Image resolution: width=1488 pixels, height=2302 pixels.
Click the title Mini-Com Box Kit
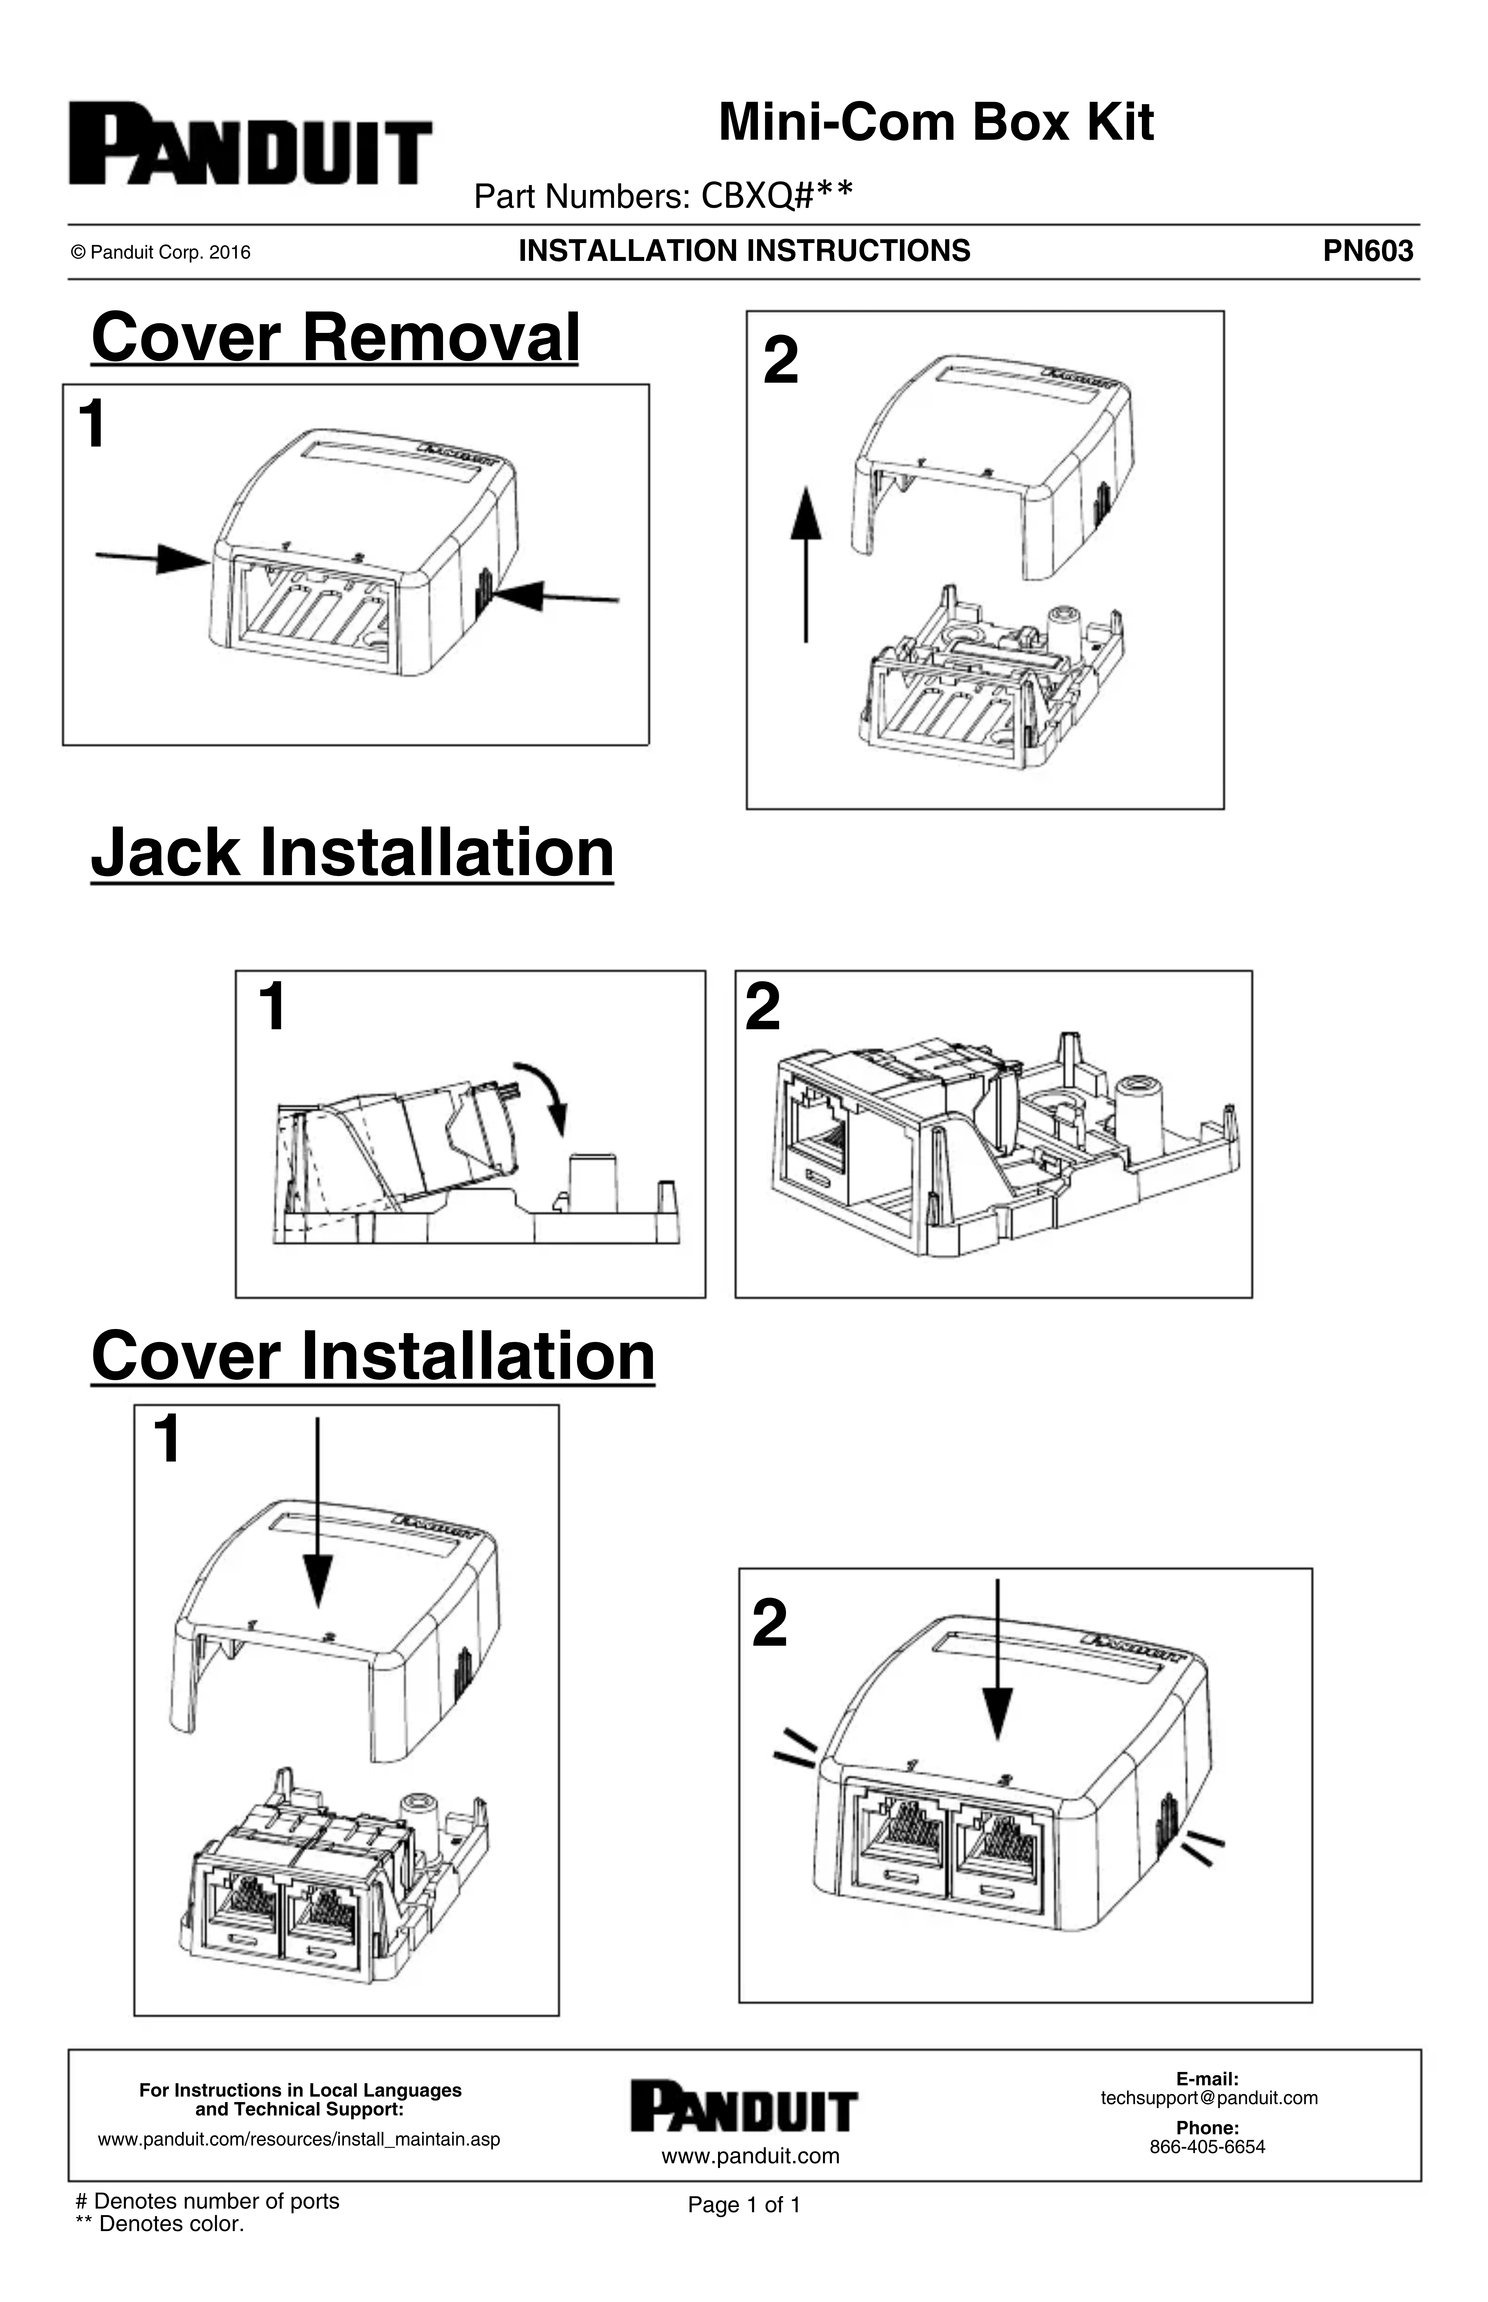point(935,123)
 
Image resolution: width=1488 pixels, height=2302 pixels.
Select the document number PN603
point(1367,251)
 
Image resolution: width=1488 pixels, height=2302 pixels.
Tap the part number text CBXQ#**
point(776,196)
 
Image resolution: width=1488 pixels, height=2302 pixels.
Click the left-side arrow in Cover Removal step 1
point(153,558)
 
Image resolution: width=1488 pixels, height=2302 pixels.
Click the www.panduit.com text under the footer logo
point(750,2156)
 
